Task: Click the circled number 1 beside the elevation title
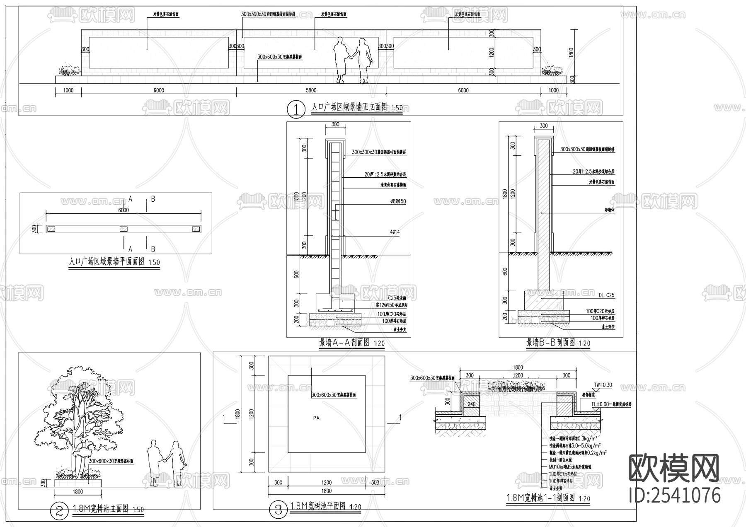tap(296, 109)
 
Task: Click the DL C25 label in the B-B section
tap(606, 295)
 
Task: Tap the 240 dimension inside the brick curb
tap(472, 404)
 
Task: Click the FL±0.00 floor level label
tap(611, 405)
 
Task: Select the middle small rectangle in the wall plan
tap(124, 229)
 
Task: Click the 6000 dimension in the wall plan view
tap(124, 210)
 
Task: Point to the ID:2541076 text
tap(674, 496)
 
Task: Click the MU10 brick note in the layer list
tap(569, 467)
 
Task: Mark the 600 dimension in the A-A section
tap(296, 274)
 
